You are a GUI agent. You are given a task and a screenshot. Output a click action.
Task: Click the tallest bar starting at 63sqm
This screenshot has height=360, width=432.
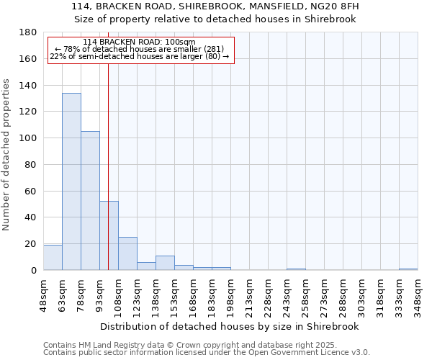71,181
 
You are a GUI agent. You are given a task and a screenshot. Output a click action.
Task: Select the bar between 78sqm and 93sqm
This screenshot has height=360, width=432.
90,200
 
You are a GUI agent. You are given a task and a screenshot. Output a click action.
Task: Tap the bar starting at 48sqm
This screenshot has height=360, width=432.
53,257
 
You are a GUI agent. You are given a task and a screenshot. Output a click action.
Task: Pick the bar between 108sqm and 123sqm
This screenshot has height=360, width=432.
127,253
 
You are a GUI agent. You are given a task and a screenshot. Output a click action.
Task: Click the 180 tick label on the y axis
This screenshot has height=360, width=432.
29,32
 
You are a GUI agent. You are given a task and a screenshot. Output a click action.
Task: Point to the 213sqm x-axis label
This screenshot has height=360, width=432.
250,296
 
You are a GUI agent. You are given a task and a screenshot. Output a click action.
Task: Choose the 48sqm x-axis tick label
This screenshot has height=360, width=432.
44,296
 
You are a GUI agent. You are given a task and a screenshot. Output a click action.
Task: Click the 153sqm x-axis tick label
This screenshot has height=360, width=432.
175,296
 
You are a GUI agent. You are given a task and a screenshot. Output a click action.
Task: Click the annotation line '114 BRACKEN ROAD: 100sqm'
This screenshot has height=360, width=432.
139,42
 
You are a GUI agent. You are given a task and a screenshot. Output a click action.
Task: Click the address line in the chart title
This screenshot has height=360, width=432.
215,6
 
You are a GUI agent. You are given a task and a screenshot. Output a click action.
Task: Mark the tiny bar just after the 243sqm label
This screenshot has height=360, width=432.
296,269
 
